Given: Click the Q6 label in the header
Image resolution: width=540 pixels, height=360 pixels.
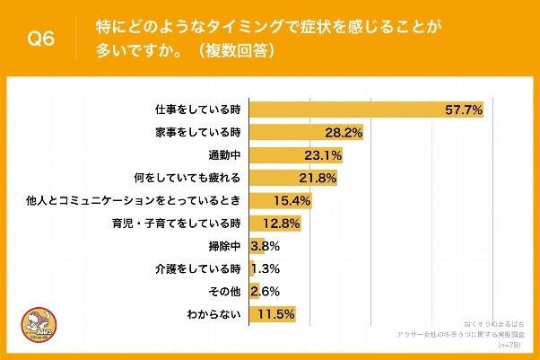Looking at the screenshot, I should [x=42, y=40].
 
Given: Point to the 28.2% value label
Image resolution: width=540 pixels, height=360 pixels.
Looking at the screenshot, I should [x=344, y=133].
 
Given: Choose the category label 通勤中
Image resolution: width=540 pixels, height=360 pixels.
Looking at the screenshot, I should [x=223, y=155].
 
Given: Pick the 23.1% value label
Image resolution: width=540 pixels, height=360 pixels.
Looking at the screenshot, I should [x=322, y=155].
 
